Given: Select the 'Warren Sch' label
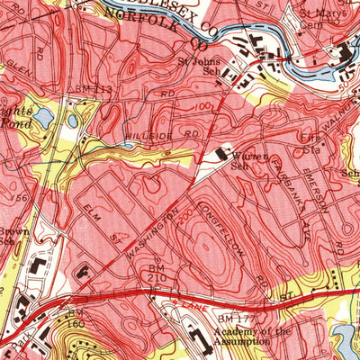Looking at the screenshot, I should tap(235, 158).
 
